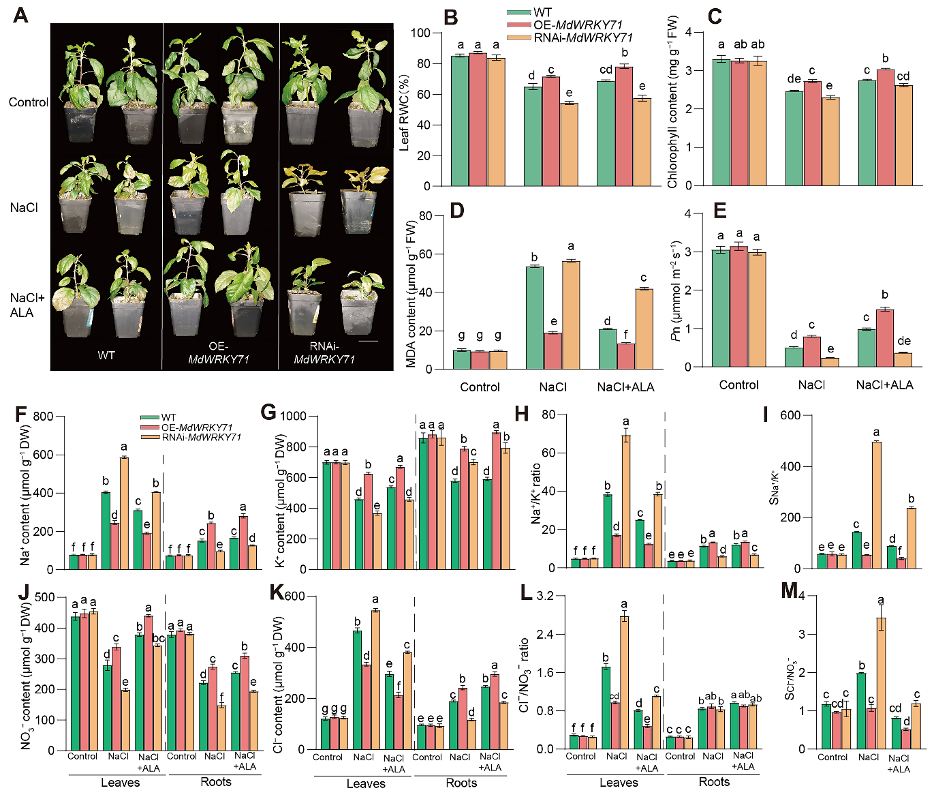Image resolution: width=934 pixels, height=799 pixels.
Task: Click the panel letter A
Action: coord(20,14)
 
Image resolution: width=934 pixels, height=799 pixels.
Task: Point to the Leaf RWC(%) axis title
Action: coord(404,109)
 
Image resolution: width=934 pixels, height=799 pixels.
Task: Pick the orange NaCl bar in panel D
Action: coord(571,314)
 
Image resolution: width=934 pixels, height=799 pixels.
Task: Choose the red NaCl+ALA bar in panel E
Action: coord(884,337)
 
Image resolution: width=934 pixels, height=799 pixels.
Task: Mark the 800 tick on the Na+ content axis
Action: coord(43,417)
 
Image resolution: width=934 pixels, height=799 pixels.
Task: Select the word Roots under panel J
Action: coord(215,782)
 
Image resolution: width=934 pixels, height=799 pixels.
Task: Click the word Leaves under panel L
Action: coord(619,783)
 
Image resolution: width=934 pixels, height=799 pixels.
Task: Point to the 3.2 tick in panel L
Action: coord(545,597)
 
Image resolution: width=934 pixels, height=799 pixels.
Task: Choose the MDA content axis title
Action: coord(411,294)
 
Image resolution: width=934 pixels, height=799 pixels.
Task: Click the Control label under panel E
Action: coord(738,385)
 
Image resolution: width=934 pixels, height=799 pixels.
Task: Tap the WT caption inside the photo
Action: coord(106,355)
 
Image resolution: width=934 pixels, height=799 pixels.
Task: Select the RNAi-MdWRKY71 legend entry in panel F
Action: coord(201,437)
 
